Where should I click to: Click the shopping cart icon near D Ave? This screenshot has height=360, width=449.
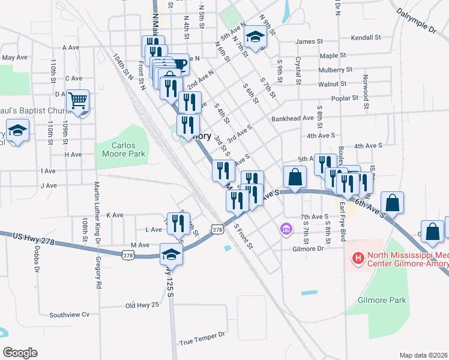tap(78, 101)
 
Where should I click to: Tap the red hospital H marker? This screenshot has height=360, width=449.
tap(358, 259)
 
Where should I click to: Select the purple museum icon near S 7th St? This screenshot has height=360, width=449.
tap(286, 229)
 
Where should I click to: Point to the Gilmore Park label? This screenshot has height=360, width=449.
tap(382, 300)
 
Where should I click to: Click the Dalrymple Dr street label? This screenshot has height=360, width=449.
tap(415, 20)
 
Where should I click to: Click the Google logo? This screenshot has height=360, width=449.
tap(20, 353)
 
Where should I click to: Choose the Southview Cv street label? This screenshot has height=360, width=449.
tap(69, 314)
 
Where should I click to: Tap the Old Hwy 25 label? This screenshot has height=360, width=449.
tap(142, 305)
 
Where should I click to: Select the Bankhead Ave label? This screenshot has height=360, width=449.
tap(291, 119)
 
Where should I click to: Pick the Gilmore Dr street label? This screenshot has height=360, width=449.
tap(308, 248)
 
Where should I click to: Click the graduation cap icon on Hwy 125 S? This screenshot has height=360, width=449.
tap(171, 254)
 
